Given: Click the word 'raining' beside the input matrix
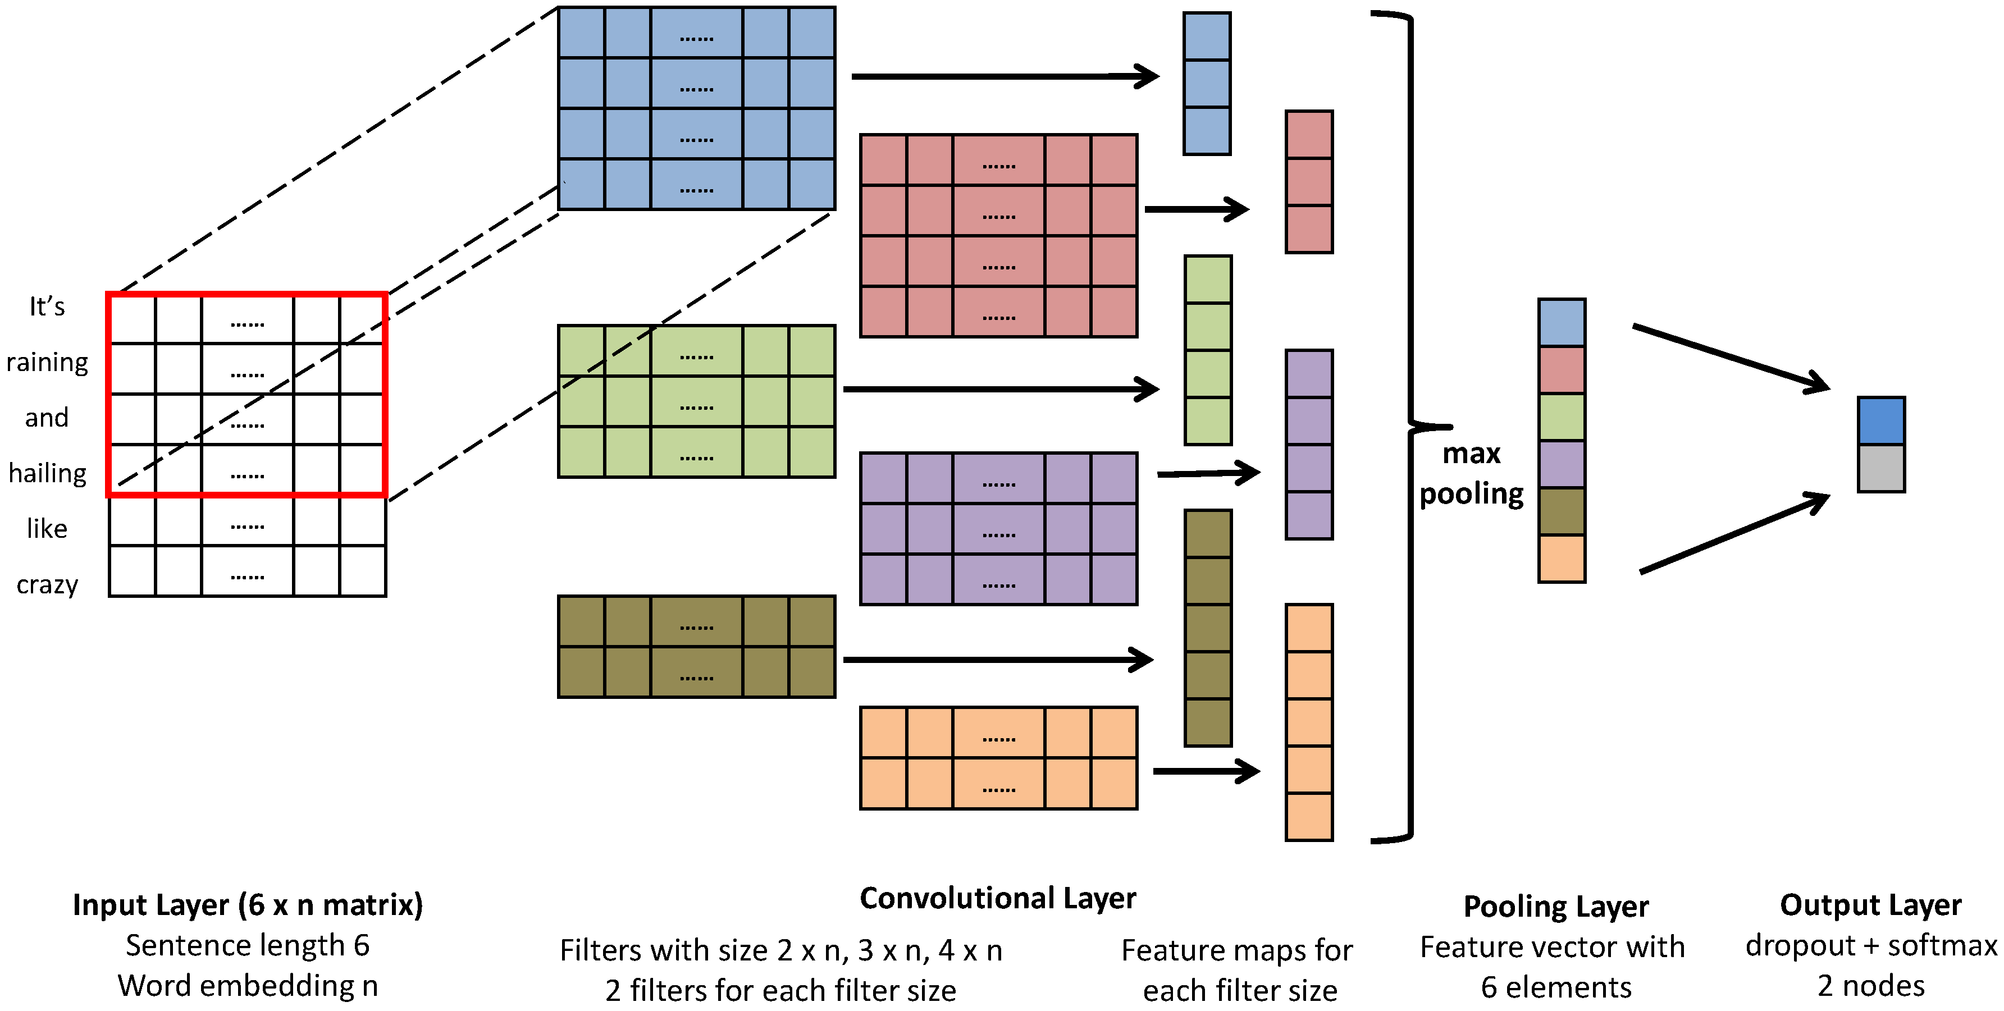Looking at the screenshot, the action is pyautogui.click(x=48, y=363).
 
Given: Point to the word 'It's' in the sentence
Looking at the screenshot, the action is pyautogui.click(x=47, y=306).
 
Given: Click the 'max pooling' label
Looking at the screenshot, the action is pyautogui.click(x=1471, y=473).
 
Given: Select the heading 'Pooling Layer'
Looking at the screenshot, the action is pyautogui.click(x=1556, y=907).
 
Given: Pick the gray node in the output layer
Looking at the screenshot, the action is pyautogui.click(x=1881, y=468).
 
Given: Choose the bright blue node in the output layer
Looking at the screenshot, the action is pyautogui.click(x=1881, y=420).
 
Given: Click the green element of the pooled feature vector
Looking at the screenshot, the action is pyautogui.click(x=1562, y=417).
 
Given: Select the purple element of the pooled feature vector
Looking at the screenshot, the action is pyautogui.click(x=1562, y=464).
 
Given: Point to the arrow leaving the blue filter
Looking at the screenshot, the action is pyautogui.click(x=1005, y=76).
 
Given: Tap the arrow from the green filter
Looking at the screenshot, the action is pyautogui.click(x=1001, y=389).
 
